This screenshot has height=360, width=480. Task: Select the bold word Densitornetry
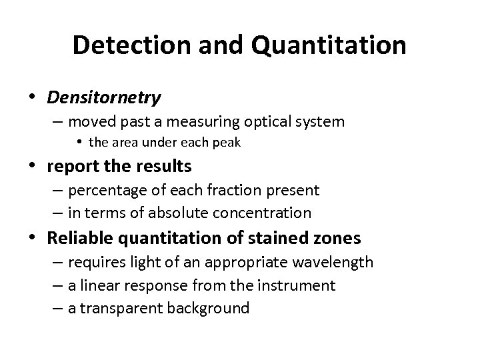tap(104, 98)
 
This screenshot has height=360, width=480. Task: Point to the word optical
tap(269, 121)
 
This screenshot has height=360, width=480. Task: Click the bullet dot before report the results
tap(33, 165)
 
